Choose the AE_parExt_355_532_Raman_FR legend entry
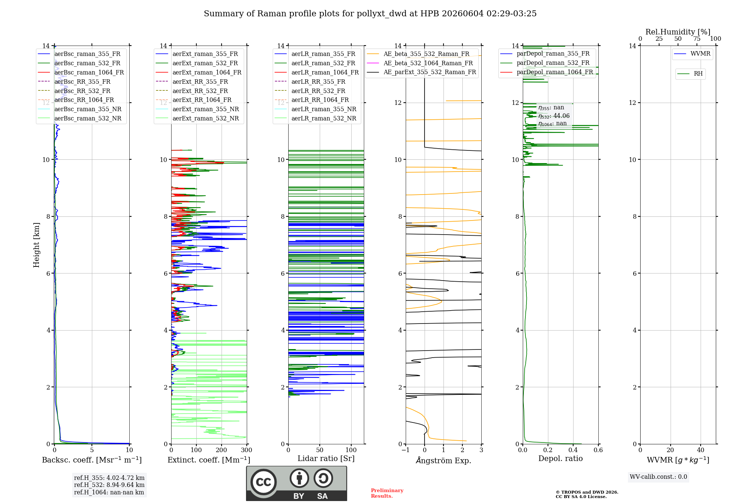pos(421,72)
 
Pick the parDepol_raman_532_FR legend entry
pos(545,63)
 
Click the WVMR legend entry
pos(692,54)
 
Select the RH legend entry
pos(690,74)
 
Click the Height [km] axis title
pos(36,245)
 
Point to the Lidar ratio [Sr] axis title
pos(326,458)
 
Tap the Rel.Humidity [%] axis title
pos(678,32)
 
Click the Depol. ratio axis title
pos(561,458)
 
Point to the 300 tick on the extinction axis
pos(246,450)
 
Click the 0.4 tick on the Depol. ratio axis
pos(573,450)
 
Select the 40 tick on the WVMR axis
pos(701,450)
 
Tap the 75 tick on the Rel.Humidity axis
pos(697,39)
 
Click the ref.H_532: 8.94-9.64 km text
pos(109,485)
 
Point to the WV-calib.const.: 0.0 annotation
pos(658,477)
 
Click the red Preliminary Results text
pos(387,493)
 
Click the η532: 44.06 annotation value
pos(554,116)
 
